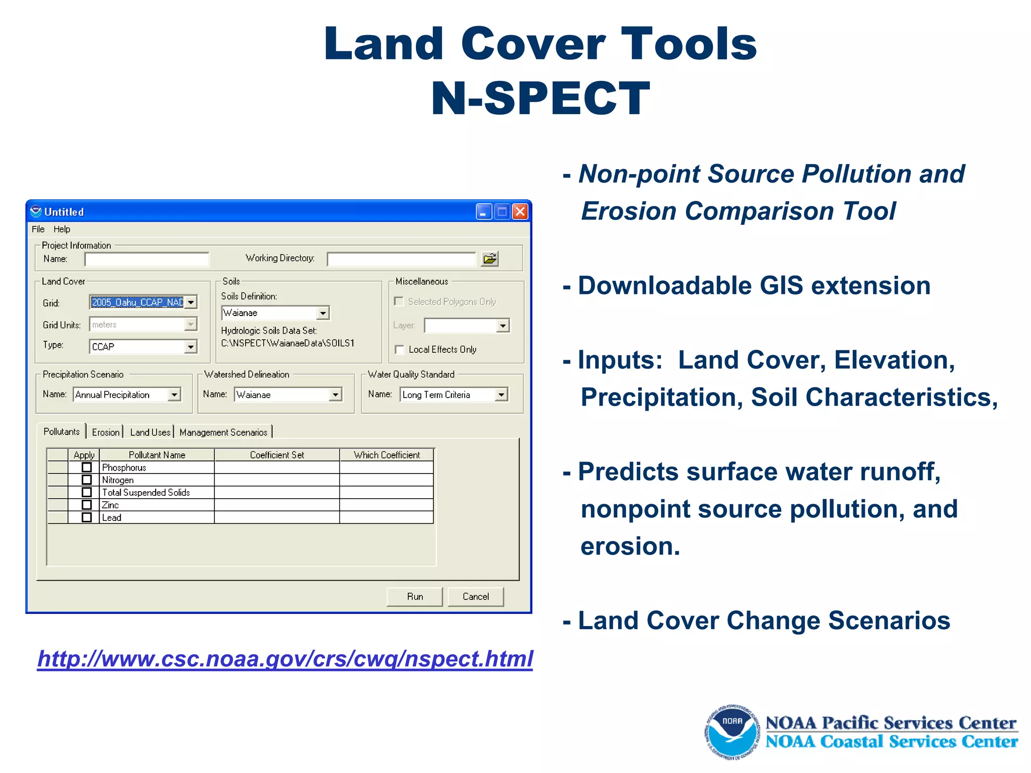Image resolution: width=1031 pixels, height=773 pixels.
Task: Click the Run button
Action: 414,596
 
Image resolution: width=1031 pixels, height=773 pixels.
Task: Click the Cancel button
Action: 475,596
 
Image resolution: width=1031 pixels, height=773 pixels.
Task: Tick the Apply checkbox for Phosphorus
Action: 87,468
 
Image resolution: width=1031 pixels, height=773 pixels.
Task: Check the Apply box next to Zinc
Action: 87,505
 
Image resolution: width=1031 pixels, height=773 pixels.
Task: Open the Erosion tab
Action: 106,432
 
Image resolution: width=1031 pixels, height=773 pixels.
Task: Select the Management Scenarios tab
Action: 223,432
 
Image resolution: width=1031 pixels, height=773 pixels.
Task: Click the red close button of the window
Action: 520,212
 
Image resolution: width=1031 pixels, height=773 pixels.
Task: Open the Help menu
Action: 62,229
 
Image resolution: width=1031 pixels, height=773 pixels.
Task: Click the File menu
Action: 38,229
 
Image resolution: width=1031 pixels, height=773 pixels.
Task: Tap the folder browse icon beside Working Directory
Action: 489,259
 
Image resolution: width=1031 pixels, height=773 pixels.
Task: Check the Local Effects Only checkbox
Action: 400,350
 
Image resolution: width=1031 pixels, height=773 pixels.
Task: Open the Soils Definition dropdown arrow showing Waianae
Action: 323,313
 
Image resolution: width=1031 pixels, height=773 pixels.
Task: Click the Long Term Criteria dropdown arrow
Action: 501,395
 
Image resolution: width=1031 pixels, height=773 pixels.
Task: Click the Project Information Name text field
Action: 146,260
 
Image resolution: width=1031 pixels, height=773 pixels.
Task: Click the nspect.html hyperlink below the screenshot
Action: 285,659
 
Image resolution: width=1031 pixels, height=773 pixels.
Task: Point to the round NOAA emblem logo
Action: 732,732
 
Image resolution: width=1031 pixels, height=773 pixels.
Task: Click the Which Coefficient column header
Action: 386,455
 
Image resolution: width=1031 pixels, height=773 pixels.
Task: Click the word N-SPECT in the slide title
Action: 541,98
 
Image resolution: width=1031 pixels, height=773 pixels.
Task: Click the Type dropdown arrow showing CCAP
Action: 191,347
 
